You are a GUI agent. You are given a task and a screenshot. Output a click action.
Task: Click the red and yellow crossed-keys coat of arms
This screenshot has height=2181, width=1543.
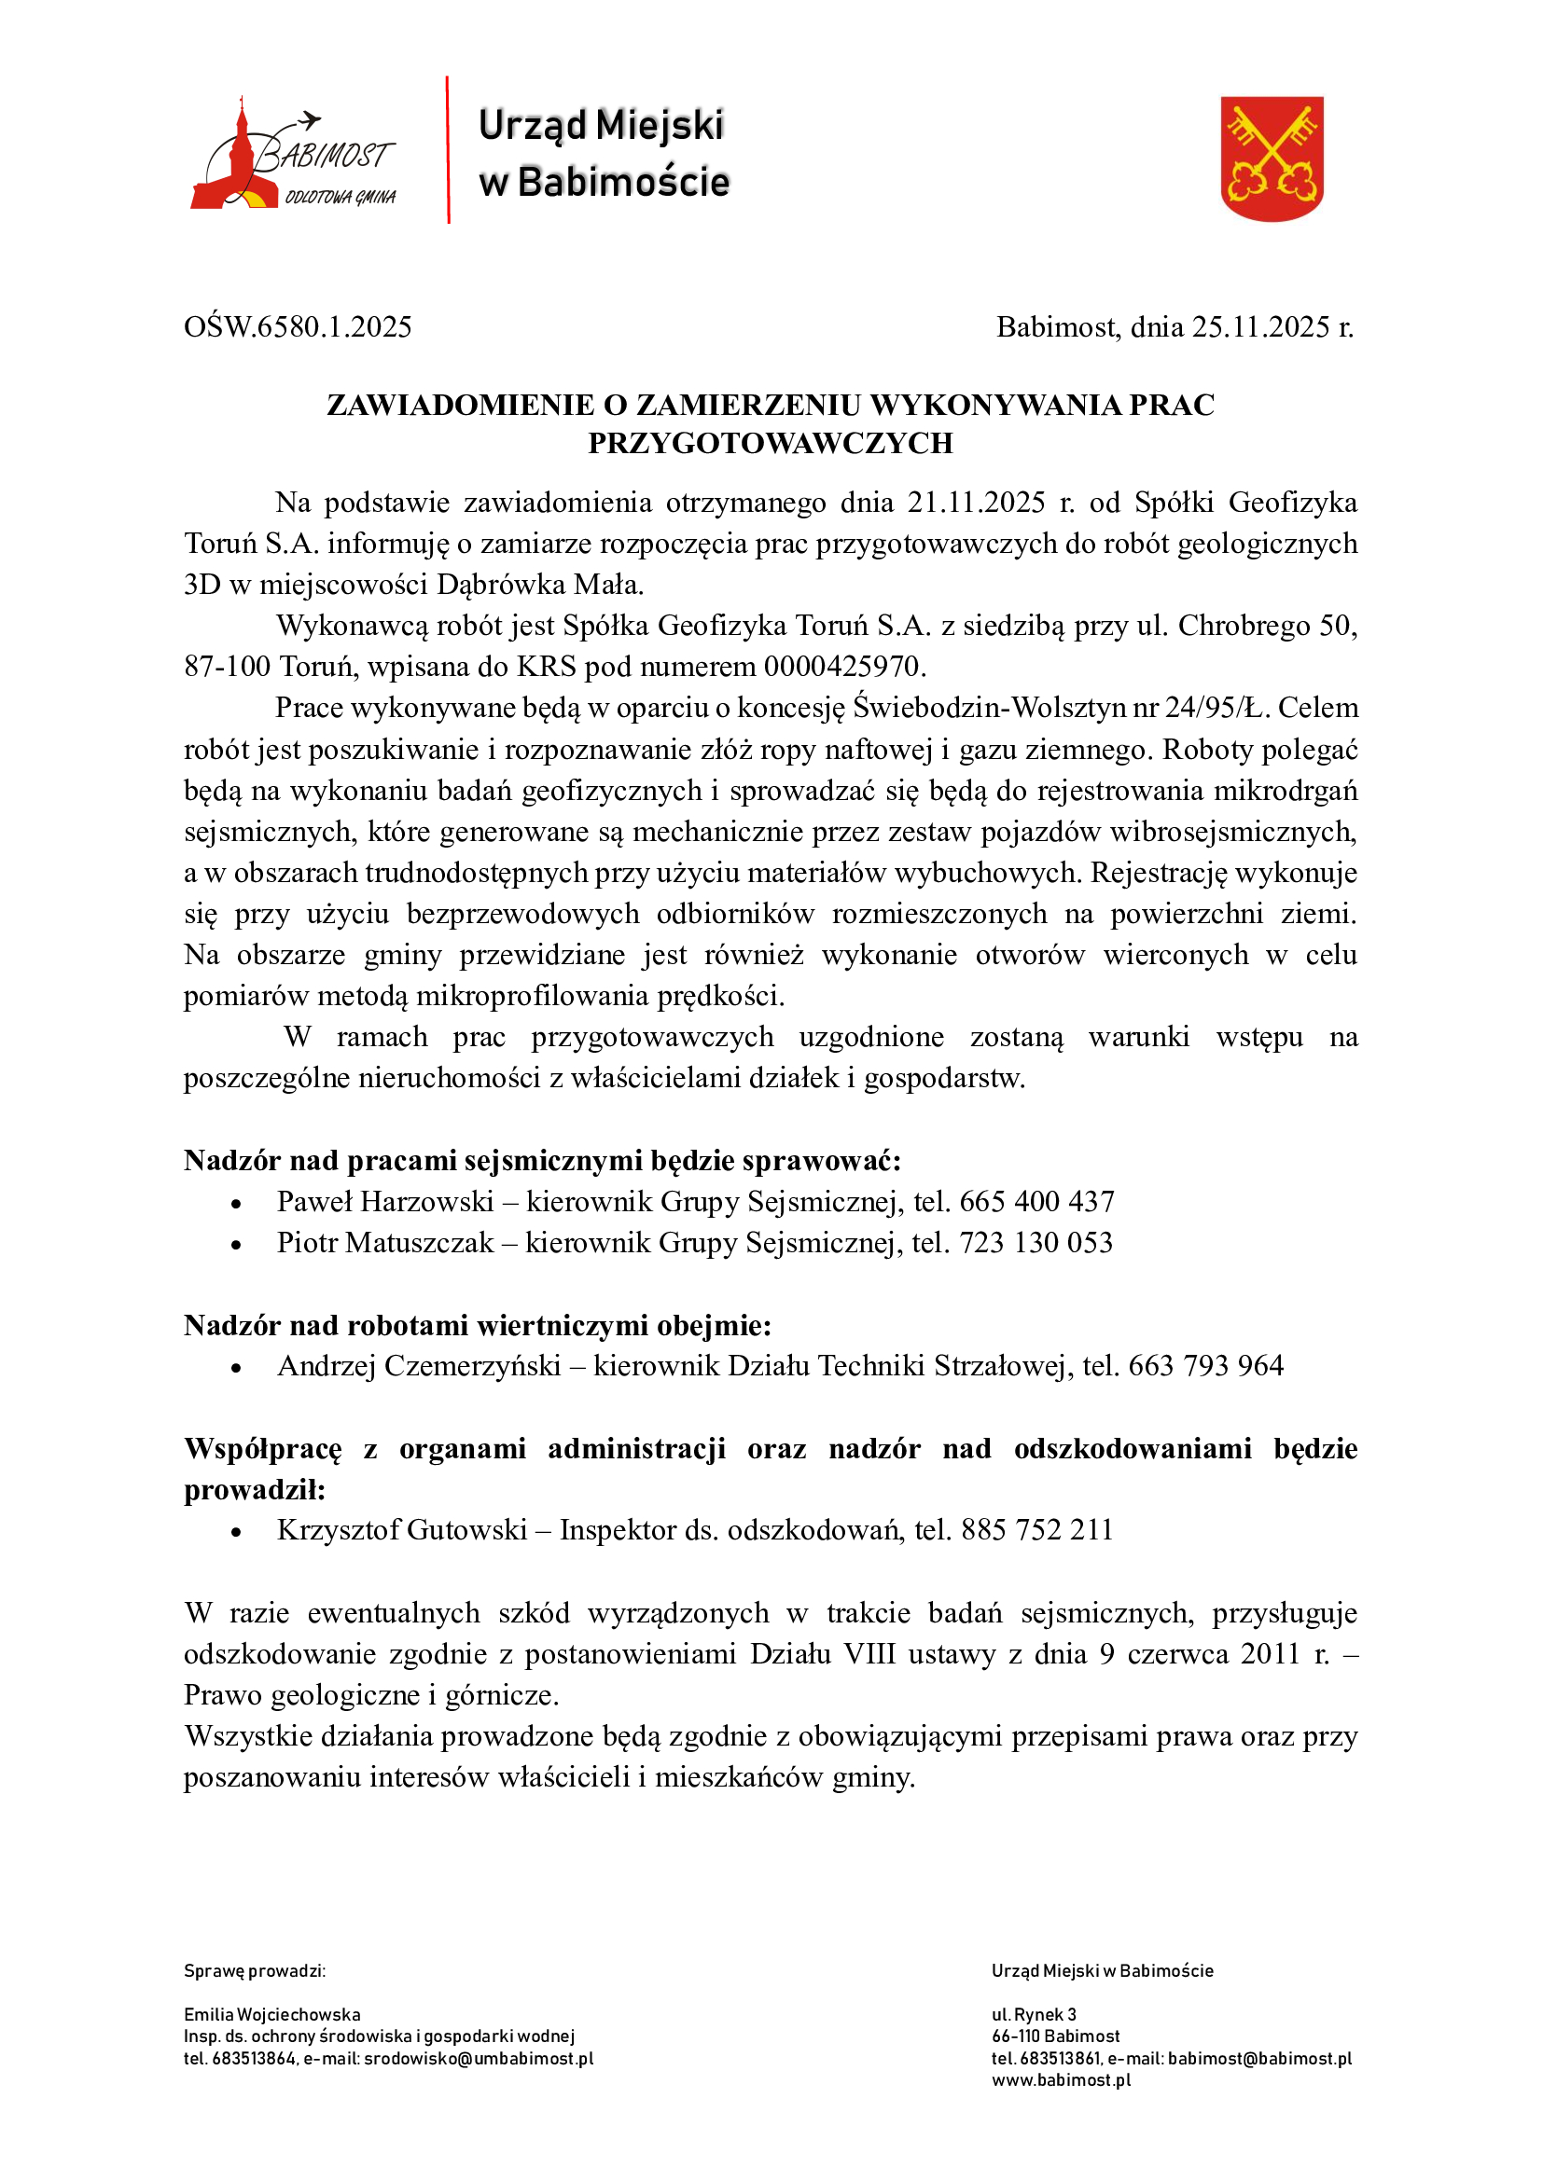pyautogui.click(x=1272, y=158)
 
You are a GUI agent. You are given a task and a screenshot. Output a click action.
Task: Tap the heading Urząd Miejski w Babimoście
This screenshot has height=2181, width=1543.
pyautogui.click(x=603, y=153)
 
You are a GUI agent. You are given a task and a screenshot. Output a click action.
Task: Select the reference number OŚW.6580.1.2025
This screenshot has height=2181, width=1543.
pyautogui.click(x=298, y=326)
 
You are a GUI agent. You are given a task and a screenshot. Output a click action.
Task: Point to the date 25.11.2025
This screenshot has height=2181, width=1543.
pyautogui.click(x=1261, y=326)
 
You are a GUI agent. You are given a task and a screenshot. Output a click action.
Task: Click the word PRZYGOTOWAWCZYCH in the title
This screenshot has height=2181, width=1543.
pyautogui.click(x=770, y=444)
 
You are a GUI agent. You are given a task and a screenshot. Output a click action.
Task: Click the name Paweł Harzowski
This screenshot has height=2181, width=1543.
pyautogui.click(x=384, y=1202)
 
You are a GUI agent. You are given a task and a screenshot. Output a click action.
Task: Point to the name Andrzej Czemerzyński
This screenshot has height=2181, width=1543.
pyautogui.click(x=419, y=1366)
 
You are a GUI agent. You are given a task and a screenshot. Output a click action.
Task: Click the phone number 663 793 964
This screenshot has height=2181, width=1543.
pyautogui.click(x=1205, y=1366)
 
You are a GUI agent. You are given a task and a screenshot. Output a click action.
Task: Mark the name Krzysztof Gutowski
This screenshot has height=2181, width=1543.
pyautogui.click(x=402, y=1530)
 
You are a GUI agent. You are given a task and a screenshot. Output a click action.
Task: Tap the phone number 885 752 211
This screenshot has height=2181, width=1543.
pyautogui.click(x=1036, y=1530)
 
